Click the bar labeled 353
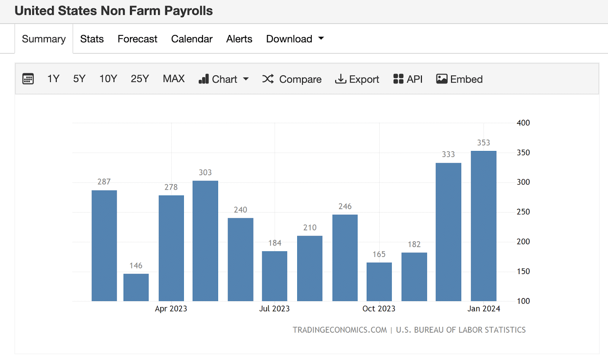pos(483,226)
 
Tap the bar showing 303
pos(205,241)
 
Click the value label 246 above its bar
pos(345,206)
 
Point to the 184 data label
pos(275,243)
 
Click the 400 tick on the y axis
pos(523,123)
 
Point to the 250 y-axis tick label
pos(523,212)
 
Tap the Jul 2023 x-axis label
pos(274,309)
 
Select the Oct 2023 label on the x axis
pos(379,309)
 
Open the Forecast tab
pos(137,39)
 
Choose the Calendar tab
pos(192,39)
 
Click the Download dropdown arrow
pos(321,38)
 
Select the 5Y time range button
pos(79,79)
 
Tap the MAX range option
pos(174,79)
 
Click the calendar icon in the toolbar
pos(28,79)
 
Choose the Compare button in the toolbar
pos(292,79)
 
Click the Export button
pos(357,79)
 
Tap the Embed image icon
pos(442,79)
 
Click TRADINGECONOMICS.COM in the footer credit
pos(340,330)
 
